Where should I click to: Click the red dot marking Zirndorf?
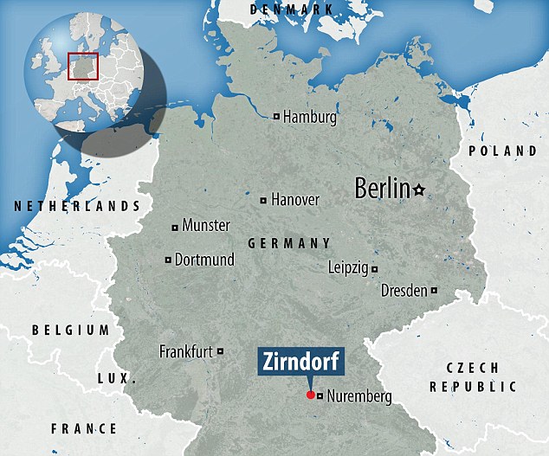(311, 395)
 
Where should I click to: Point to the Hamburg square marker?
(276, 117)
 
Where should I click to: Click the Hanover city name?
(295, 200)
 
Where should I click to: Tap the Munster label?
(206, 226)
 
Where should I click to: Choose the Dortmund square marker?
(168, 260)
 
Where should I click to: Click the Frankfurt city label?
(186, 351)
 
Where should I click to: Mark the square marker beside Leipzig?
(375, 269)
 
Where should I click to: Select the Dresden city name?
(404, 291)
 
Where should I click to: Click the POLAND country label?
(502, 151)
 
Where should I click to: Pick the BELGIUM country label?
(71, 330)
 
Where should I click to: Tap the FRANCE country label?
(84, 428)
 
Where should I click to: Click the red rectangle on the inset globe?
(83, 65)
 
